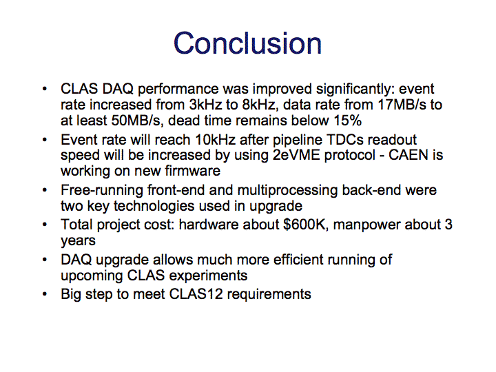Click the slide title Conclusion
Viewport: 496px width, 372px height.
[248, 43]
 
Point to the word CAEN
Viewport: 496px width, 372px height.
[408, 155]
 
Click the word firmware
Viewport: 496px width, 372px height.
[193, 171]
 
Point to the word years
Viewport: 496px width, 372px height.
[78, 241]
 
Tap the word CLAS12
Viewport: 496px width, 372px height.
[196, 294]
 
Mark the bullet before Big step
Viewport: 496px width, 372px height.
[45, 294]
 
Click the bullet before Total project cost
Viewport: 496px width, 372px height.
[45, 225]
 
